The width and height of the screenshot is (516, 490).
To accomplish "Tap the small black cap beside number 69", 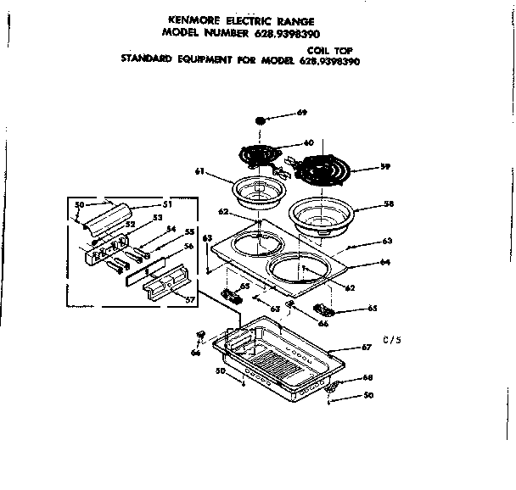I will [x=261, y=121].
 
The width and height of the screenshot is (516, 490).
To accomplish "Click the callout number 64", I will [x=384, y=262].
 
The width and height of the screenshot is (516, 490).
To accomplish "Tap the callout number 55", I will [x=188, y=232].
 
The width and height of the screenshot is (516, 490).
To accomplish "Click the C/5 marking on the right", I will [x=392, y=342].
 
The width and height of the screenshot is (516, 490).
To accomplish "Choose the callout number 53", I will [x=156, y=219].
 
